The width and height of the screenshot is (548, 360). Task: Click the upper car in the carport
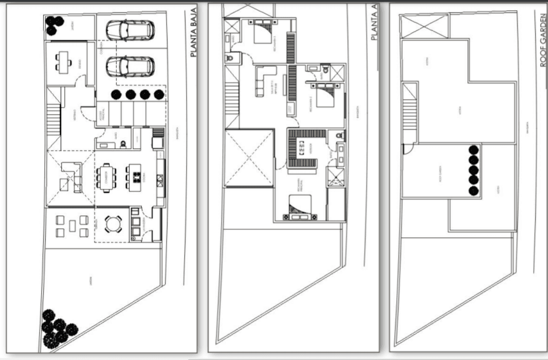coord(131,30)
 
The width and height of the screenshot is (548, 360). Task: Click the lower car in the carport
coord(131,66)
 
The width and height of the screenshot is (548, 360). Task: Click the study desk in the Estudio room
coord(64,62)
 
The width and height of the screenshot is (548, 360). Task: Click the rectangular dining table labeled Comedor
coord(106,177)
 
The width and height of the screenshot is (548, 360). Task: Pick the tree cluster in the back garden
coord(58,328)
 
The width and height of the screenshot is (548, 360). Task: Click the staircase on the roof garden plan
coord(410,114)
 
